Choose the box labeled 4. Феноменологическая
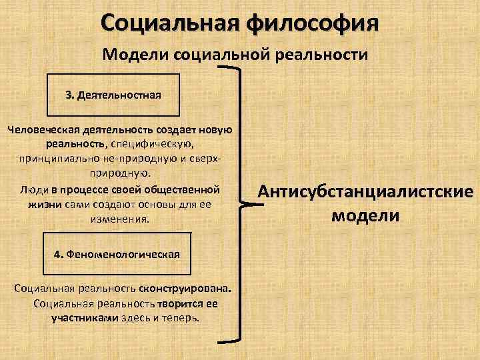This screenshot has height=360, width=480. [x=117, y=254]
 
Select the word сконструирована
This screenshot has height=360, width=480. [x=185, y=289]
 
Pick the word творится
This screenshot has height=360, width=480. [x=178, y=303]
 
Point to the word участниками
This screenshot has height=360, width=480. [x=85, y=317]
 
